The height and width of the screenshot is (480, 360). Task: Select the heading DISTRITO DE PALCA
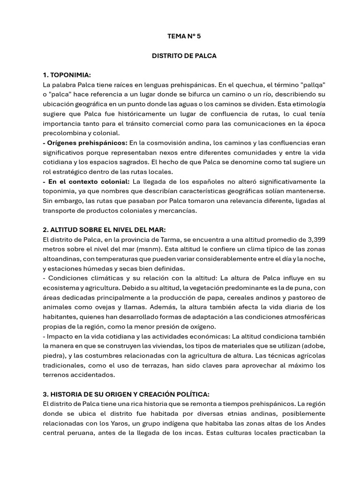point(184,55)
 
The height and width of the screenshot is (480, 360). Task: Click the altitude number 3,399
point(315,240)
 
